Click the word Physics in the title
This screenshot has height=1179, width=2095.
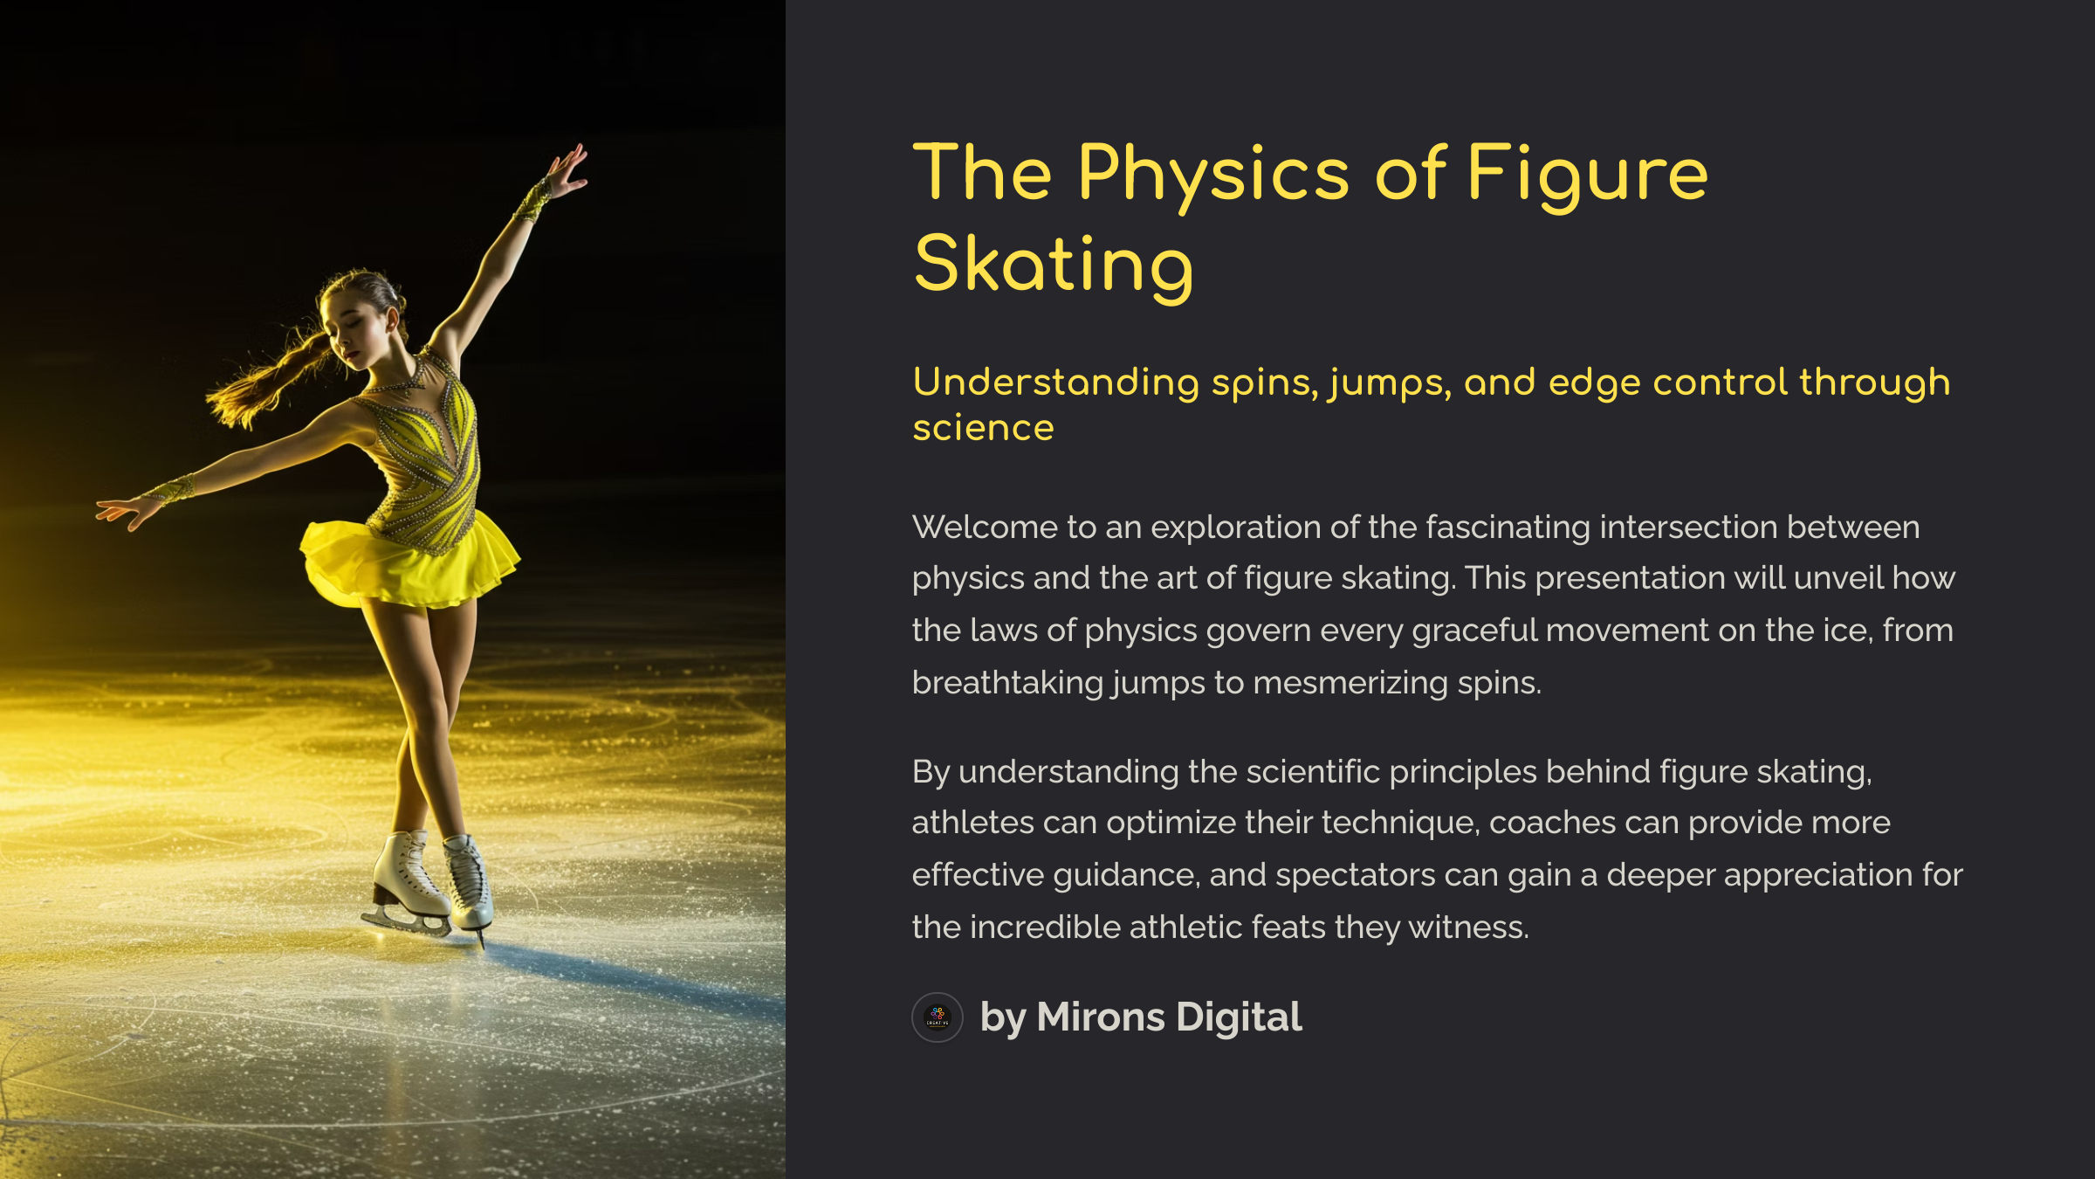[1213, 175]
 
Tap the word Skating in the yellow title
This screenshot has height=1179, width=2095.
[1054, 265]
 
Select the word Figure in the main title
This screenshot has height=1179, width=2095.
[1587, 175]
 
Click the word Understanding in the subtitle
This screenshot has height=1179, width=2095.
[1056, 383]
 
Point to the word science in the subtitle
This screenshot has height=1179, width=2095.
[984, 428]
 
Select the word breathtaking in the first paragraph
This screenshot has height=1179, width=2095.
[1008, 683]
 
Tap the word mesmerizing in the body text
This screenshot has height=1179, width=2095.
[1350, 683]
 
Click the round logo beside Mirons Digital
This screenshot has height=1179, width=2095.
[938, 1017]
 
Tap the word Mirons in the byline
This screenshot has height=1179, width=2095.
[1101, 1017]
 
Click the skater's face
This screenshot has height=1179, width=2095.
[349, 327]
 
